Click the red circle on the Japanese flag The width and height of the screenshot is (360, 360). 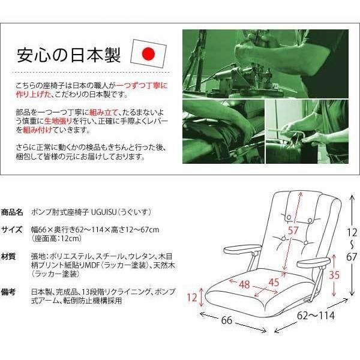(148, 54)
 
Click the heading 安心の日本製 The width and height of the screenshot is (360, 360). (68, 55)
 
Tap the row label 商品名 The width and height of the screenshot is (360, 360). (12, 212)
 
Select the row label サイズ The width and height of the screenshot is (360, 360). (12, 229)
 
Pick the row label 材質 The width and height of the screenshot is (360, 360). (8, 256)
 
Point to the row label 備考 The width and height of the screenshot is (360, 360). (8, 292)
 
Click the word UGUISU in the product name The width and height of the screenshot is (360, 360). (104, 212)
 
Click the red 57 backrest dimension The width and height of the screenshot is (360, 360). (293, 230)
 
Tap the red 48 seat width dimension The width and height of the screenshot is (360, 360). (244, 284)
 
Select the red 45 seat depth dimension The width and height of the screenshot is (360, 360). (274, 283)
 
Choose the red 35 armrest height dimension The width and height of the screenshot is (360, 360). (334, 275)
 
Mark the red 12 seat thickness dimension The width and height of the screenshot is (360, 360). (192, 298)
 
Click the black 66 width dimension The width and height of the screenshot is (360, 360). (227, 320)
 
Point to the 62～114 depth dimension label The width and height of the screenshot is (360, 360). (316, 316)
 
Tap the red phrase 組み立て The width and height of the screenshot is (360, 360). (104, 112)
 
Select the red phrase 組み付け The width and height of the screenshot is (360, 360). (37, 130)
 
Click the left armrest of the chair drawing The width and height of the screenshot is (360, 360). (242, 249)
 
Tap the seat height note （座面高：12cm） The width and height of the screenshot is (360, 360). (56, 239)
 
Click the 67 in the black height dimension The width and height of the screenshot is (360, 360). (352, 257)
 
